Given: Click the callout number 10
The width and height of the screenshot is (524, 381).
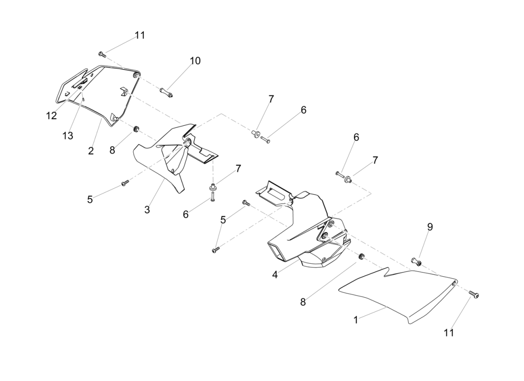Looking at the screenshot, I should (x=195, y=61).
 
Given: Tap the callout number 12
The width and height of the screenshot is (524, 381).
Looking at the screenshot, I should (x=51, y=116).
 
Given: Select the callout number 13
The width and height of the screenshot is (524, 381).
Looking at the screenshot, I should (x=68, y=136).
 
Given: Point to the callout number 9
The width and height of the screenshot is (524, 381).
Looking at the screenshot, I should (x=430, y=227).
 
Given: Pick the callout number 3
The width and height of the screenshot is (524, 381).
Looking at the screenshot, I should (x=147, y=209).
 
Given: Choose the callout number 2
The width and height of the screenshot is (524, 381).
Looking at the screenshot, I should (x=91, y=151).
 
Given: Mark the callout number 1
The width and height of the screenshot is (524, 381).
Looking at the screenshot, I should (x=355, y=320).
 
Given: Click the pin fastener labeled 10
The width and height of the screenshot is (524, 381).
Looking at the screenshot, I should (x=167, y=91).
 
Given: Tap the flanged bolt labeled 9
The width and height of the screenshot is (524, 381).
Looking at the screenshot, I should (x=417, y=261).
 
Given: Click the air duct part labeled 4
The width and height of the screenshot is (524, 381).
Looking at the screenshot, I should (x=305, y=229).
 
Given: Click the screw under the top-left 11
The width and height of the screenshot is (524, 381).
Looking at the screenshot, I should (x=102, y=54).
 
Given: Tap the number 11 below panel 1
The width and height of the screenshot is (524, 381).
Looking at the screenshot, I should (x=449, y=333).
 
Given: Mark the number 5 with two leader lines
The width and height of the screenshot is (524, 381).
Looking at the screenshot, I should (x=223, y=220).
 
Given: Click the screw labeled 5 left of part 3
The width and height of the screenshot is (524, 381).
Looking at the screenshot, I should (x=125, y=183).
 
